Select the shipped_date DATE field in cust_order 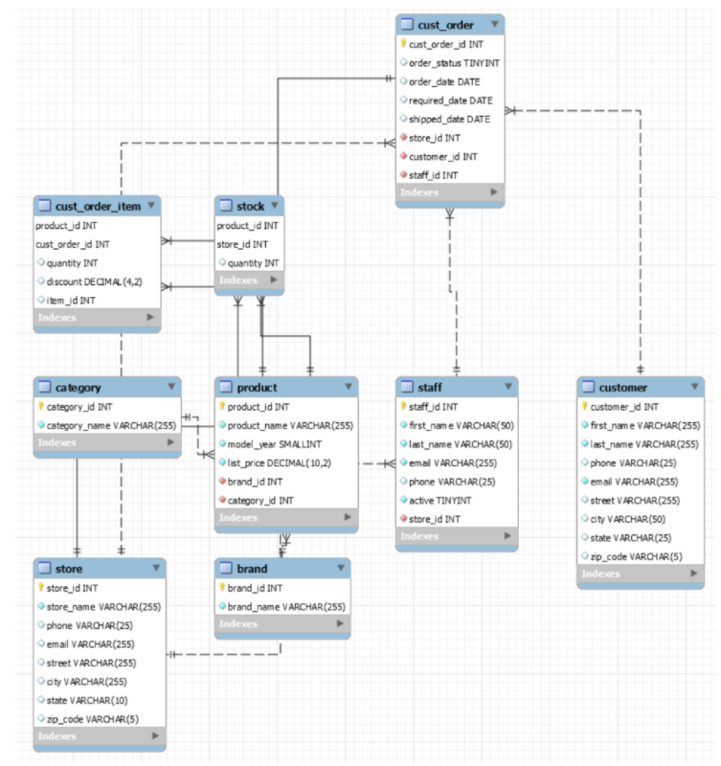[x=449, y=119]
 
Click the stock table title [x=251, y=206]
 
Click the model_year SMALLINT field [x=276, y=444]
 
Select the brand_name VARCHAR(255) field [x=286, y=606]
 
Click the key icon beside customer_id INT [x=586, y=407]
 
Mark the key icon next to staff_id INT [x=404, y=407]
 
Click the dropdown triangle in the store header [x=157, y=569]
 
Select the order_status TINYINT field [x=453, y=62]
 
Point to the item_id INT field [x=72, y=300]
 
